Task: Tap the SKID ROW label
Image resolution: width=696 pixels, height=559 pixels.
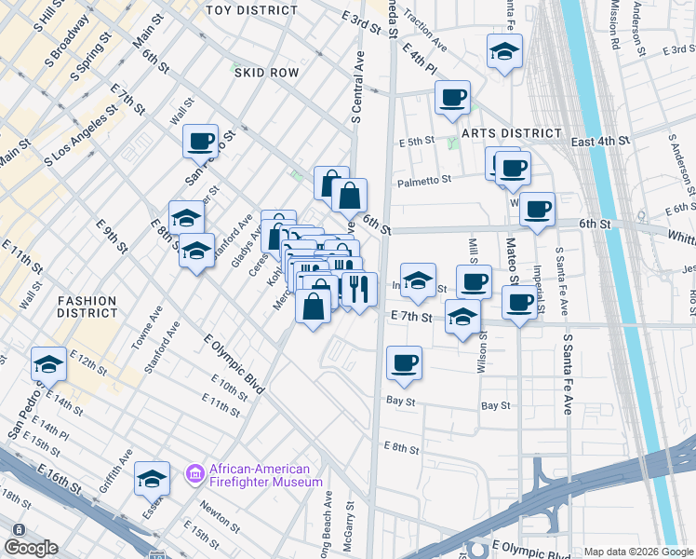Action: [x=266, y=72]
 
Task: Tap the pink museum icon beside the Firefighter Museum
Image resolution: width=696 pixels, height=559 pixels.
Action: [x=195, y=475]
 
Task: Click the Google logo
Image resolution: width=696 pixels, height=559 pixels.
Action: [x=31, y=547]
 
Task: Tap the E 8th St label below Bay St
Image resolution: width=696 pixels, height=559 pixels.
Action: [x=403, y=448]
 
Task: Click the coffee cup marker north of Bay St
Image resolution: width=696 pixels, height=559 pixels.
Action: [x=403, y=362]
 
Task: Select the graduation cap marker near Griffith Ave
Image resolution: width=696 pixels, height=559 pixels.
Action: [x=152, y=478]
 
